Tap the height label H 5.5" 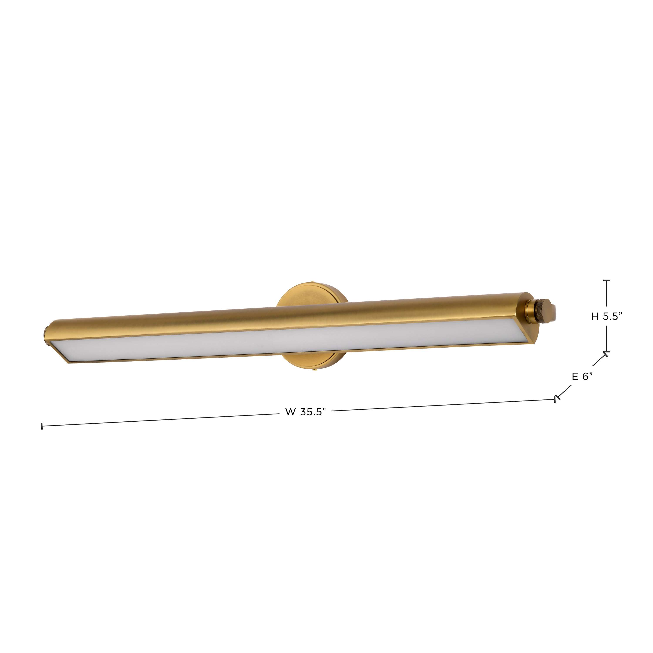point(607,316)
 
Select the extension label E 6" point(582,377)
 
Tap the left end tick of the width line point(42,426)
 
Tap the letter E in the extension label point(575,377)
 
